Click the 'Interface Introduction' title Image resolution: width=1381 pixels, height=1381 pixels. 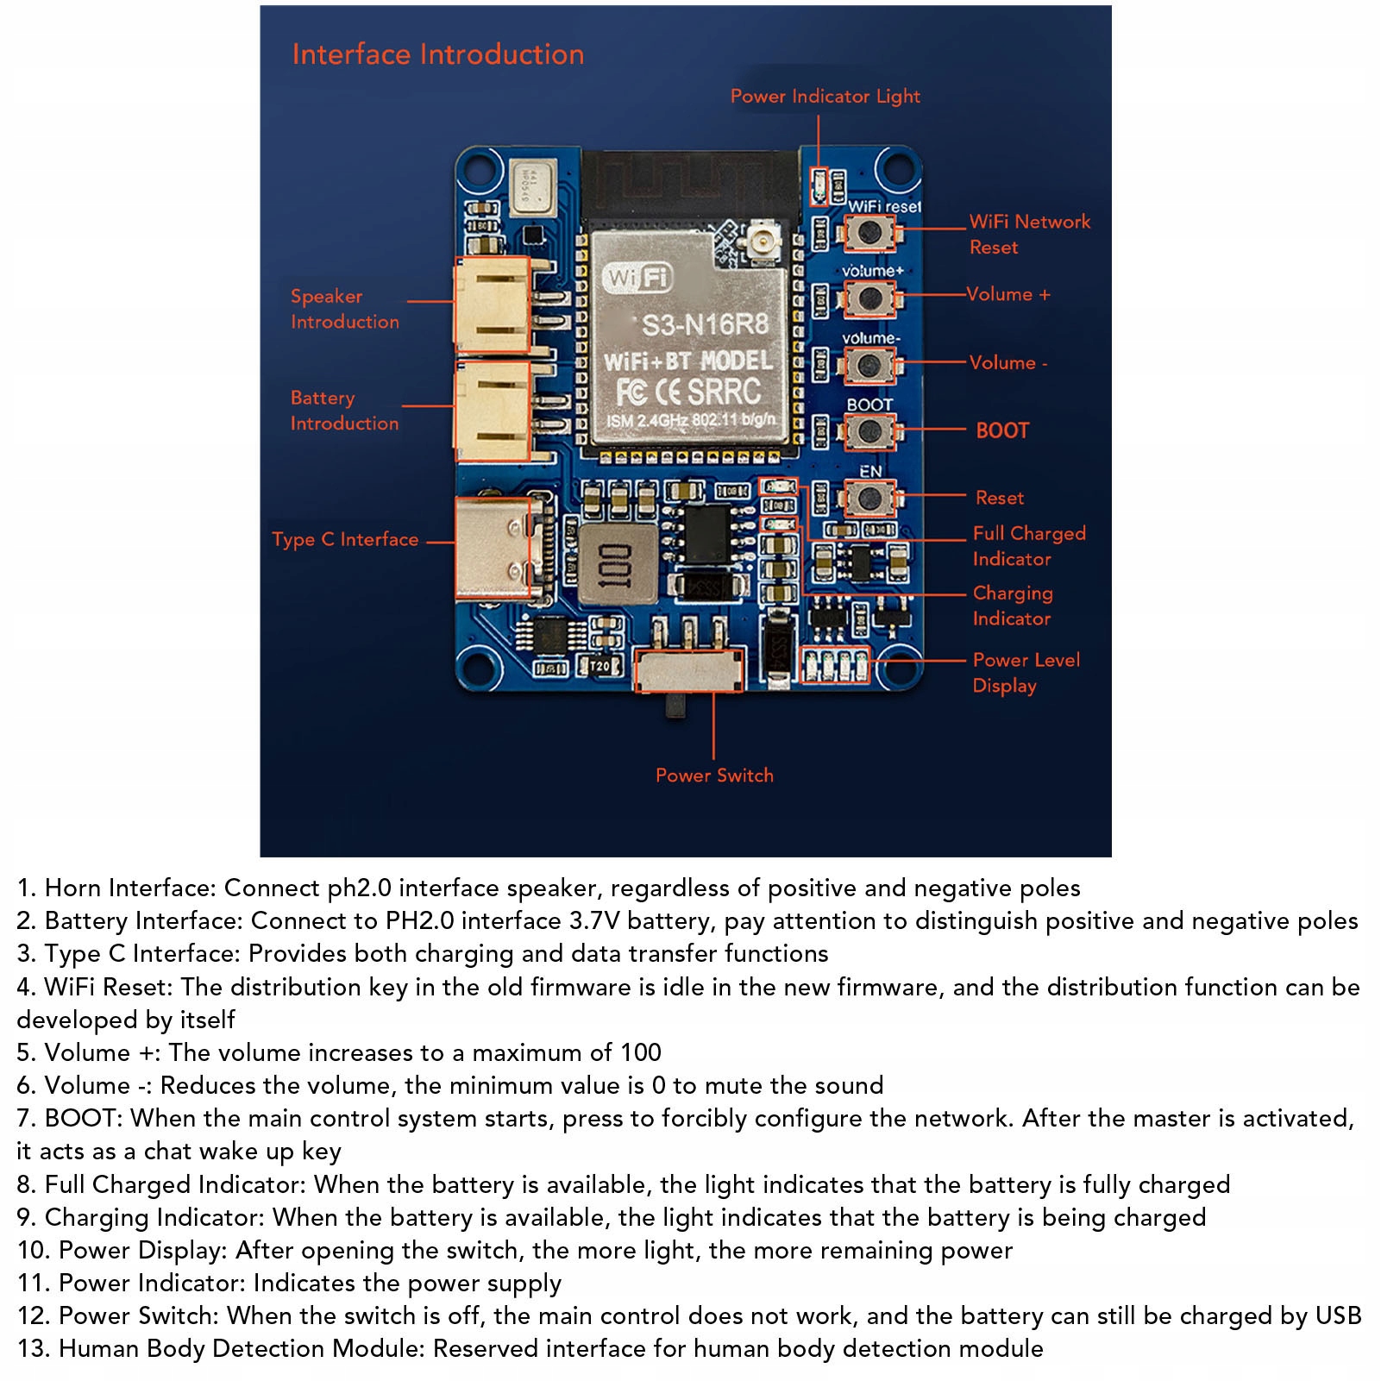437,54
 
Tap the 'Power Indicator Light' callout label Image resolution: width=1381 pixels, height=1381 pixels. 825,96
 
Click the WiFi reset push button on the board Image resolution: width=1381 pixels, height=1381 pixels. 869,232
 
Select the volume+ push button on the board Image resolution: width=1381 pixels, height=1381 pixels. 869,298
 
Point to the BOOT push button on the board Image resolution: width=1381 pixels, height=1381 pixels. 869,431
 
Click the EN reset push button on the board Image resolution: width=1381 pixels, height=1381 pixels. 869,498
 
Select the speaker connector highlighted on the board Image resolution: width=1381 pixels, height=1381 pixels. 493,304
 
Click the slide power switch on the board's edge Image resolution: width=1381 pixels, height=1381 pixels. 687,671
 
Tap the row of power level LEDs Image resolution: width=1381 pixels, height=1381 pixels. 835,664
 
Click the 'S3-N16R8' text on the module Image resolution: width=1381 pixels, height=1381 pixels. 704,325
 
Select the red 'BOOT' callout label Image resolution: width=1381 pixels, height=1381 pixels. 1002,430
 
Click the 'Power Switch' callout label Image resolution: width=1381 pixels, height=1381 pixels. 714,775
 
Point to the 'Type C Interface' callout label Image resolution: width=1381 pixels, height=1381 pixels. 345,539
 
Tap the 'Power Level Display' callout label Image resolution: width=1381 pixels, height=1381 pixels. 1026,672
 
